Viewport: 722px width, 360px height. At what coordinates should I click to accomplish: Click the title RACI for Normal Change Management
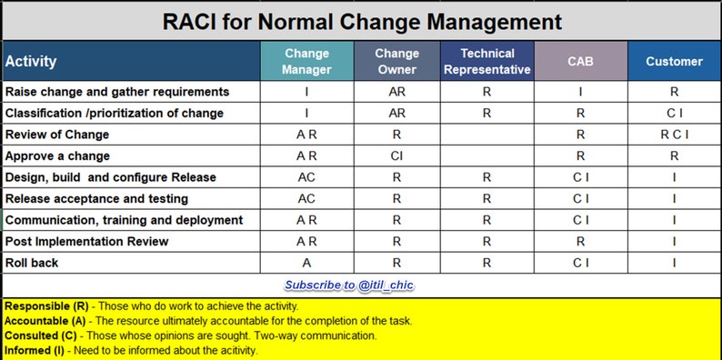361,20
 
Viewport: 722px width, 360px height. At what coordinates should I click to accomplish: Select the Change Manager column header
306,61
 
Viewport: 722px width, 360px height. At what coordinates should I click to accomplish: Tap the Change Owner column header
396,61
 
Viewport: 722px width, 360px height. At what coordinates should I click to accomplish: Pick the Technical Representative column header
486,61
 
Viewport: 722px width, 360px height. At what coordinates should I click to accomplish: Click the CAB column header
580,61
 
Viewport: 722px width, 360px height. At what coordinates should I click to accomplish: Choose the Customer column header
674,61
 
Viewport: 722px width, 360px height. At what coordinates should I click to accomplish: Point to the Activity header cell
31,62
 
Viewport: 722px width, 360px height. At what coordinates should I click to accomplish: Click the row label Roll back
32,263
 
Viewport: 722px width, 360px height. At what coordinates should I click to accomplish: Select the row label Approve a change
57,155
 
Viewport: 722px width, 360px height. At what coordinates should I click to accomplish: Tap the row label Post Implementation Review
87,241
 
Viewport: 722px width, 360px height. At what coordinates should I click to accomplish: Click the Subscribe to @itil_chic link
350,285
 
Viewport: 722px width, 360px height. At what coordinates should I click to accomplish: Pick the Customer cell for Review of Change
674,135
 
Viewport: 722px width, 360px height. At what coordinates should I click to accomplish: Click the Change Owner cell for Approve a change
396,155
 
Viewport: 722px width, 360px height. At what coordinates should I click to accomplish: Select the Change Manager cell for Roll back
306,263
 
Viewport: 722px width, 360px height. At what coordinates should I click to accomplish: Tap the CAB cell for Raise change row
580,92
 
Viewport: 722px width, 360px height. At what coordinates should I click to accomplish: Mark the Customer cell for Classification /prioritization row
674,113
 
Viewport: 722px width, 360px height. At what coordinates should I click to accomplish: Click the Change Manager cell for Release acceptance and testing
306,198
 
